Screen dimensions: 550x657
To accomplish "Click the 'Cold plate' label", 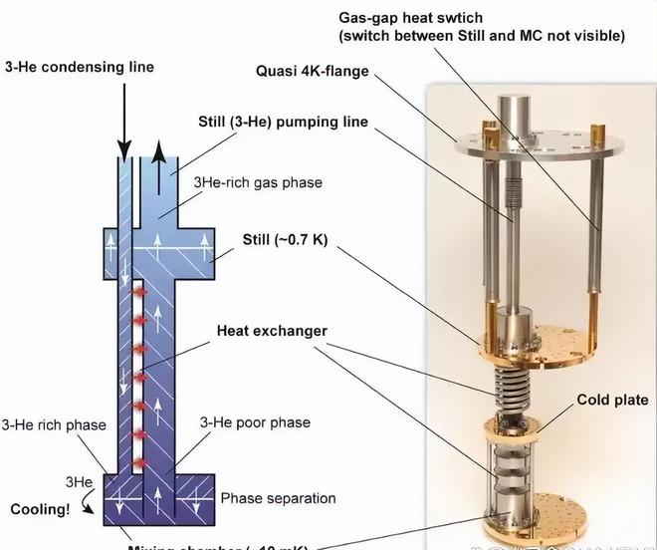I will pyautogui.click(x=612, y=400).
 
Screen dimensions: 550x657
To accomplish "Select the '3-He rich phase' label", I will pyautogui.click(x=54, y=425).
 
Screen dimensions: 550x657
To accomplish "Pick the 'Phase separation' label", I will pyautogui.click(x=278, y=498).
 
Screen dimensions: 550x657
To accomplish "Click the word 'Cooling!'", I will pyautogui.click(x=40, y=509).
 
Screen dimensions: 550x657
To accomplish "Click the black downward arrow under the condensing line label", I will pyautogui.click(x=125, y=124).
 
